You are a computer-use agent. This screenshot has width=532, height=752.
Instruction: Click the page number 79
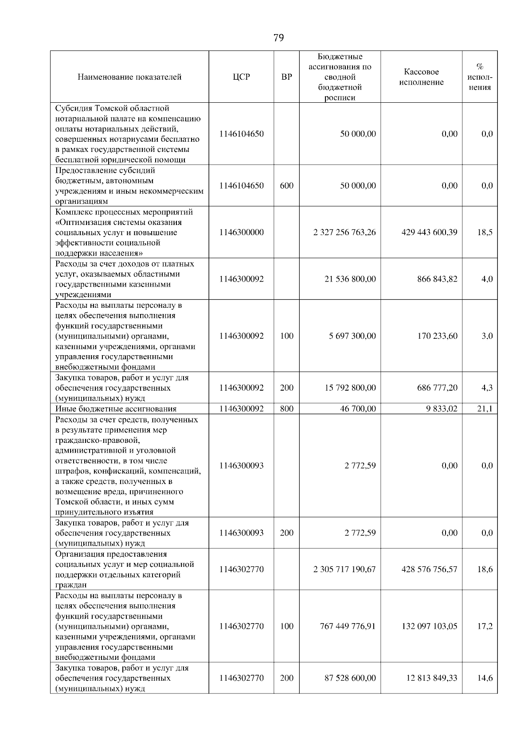(278, 38)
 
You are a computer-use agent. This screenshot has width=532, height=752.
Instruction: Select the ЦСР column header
(241, 77)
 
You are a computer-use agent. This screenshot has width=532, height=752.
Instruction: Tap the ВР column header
(287, 77)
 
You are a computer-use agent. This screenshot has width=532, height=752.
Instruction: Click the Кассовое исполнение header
(421, 77)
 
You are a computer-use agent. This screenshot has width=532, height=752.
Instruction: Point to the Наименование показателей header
(129, 77)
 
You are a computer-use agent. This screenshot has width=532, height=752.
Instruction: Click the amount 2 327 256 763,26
(344, 232)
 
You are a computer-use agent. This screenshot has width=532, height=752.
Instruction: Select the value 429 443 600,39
(429, 232)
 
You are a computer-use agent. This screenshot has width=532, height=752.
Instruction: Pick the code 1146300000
(241, 232)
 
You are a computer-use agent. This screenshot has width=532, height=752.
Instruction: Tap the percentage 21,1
(485, 409)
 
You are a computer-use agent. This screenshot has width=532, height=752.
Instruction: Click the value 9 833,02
(441, 409)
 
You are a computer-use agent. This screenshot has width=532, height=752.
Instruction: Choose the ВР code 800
(287, 409)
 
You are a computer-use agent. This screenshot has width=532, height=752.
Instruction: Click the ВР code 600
(287, 186)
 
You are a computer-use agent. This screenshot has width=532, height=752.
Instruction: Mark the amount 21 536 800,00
(350, 279)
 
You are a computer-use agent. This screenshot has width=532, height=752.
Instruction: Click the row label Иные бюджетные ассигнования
(116, 409)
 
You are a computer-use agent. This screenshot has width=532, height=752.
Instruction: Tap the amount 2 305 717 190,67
(344, 569)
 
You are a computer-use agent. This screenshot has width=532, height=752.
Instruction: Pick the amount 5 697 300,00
(352, 336)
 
